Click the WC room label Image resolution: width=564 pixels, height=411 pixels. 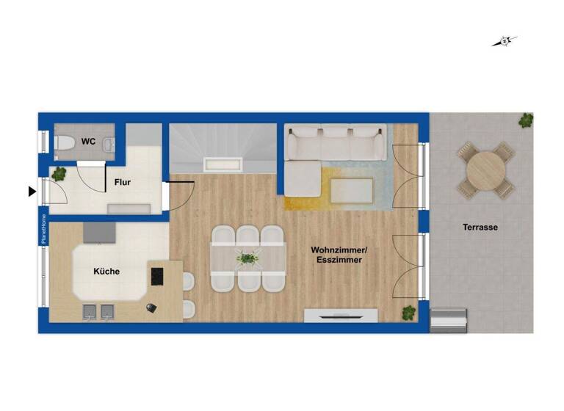pyautogui.click(x=88, y=141)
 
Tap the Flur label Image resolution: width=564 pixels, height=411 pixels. pyautogui.click(x=123, y=182)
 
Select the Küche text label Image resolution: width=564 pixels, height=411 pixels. pyautogui.click(x=106, y=272)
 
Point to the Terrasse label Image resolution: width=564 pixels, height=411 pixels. pyautogui.click(x=480, y=228)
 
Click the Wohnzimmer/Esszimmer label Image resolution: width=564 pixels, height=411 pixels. pyautogui.click(x=339, y=255)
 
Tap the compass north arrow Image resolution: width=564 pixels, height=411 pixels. pyautogui.click(x=505, y=41)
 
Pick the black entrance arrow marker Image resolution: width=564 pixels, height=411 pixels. pyautogui.click(x=32, y=192)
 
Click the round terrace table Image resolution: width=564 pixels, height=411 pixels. pyautogui.click(x=485, y=170)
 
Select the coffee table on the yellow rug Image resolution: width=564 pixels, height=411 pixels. pyautogui.click(x=351, y=191)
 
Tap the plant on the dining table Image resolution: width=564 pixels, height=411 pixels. pyautogui.click(x=247, y=258)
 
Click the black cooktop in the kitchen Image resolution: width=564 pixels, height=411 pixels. pyautogui.click(x=156, y=276)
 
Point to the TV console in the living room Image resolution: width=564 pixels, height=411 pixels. pyautogui.click(x=341, y=316)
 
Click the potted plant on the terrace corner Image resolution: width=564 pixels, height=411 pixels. pyautogui.click(x=526, y=120)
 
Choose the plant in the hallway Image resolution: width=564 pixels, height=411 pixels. pyautogui.click(x=59, y=174)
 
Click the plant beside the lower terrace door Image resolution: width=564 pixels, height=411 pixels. pyautogui.click(x=408, y=313)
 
